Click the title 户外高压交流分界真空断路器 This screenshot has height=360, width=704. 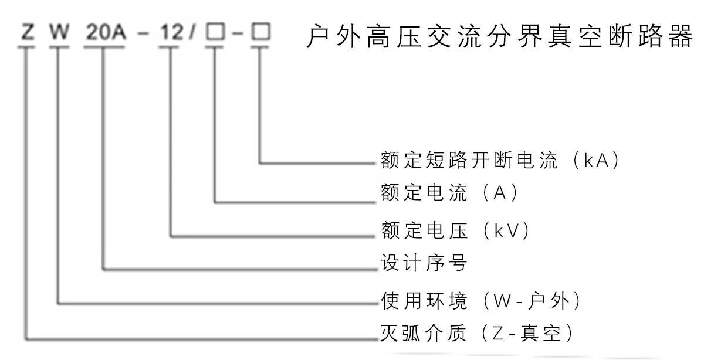click(x=499, y=38)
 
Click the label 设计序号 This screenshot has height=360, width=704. click(x=423, y=263)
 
